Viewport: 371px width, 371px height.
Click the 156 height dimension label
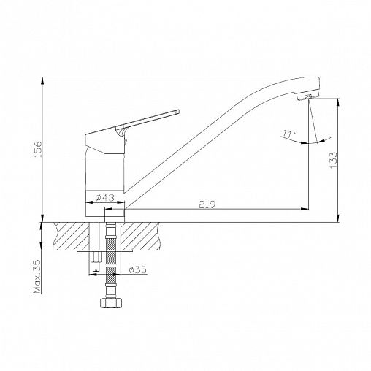click(x=38, y=149)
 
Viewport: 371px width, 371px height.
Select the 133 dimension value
click(x=333, y=159)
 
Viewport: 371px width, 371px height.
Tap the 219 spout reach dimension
click(x=207, y=204)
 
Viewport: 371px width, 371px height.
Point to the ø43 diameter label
click(x=105, y=197)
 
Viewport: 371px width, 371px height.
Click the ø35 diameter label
click(x=137, y=269)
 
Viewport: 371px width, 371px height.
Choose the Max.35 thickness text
click(x=37, y=277)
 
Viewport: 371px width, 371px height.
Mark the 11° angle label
click(x=289, y=134)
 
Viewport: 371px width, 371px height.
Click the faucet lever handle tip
click(x=177, y=112)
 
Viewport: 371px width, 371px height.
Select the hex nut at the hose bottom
click(x=111, y=302)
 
